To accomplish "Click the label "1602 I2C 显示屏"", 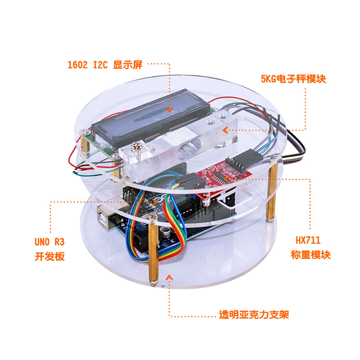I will (104, 65).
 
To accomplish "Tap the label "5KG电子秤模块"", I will (293, 79).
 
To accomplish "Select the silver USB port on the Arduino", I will (108, 220).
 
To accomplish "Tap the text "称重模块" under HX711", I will (311, 255).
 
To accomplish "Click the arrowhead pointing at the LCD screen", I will (170, 109).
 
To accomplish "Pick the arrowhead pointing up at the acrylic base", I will (169, 277).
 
